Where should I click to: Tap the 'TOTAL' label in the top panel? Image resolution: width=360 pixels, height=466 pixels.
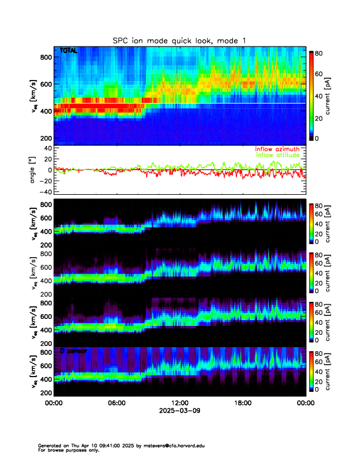69,51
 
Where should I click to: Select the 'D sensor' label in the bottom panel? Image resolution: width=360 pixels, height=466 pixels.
74,351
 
